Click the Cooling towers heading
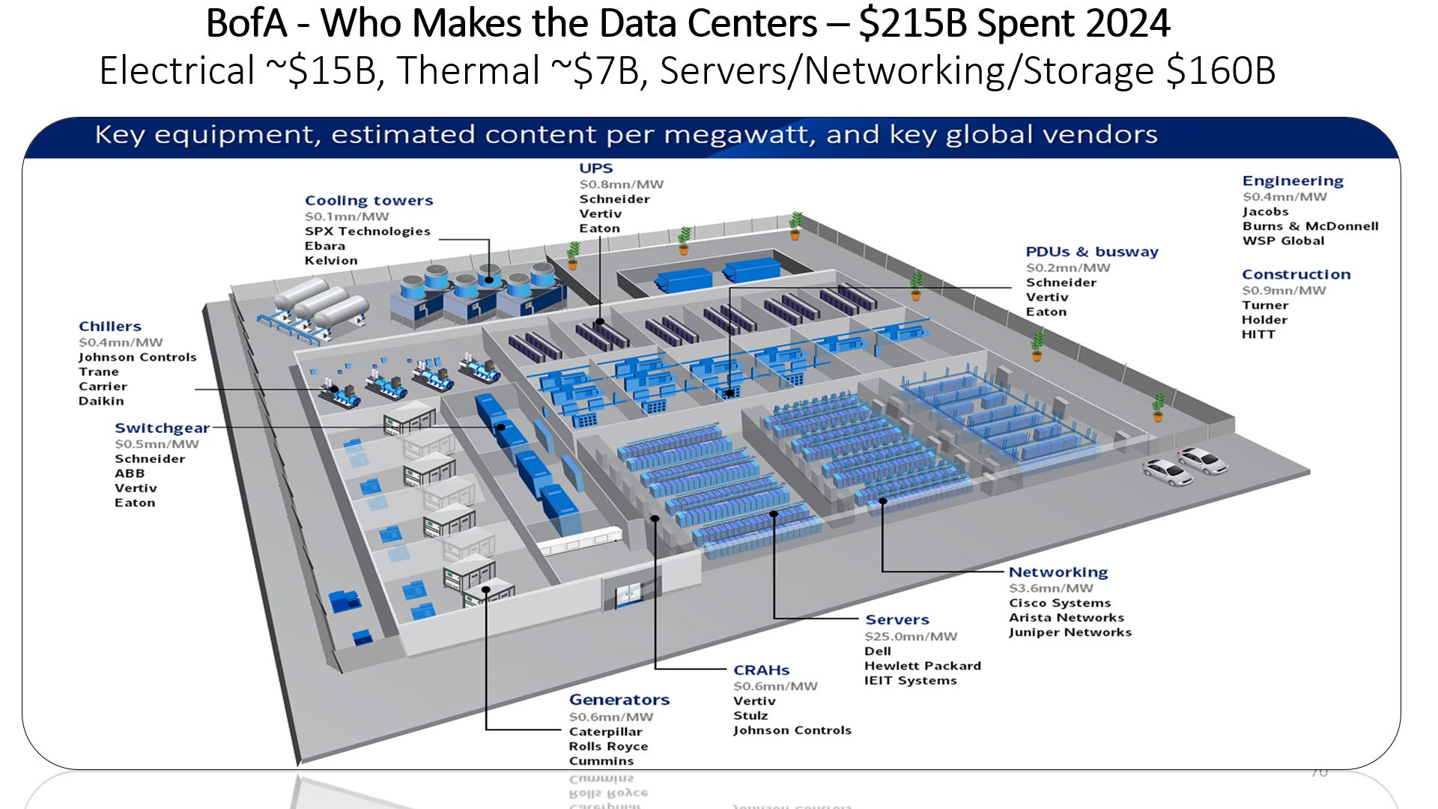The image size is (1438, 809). (368, 201)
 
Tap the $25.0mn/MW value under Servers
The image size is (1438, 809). (911, 636)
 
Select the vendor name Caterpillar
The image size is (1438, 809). (605, 732)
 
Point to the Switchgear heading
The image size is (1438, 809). (162, 428)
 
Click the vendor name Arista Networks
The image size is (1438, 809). (1066, 618)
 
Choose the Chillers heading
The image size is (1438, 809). (110, 327)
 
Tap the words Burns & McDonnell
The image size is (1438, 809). (1310, 226)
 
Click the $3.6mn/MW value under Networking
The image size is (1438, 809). (1051, 589)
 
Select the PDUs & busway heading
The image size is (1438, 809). (1091, 252)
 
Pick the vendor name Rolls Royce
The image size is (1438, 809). (608, 747)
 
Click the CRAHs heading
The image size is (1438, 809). (761, 670)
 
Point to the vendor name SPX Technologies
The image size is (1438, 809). (367, 231)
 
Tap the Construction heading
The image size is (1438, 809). (1296, 275)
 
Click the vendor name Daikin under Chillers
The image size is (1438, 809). (101, 402)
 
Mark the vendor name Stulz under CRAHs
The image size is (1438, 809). (750, 716)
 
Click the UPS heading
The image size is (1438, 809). (595, 169)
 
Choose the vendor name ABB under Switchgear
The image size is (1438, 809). (130, 473)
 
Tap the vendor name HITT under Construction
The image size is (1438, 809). (1258, 335)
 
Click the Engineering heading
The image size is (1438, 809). (1293, 181)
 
